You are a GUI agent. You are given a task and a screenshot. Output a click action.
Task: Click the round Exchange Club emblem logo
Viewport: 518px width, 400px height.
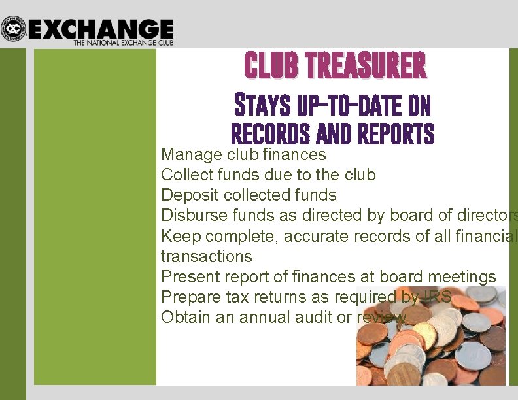[x=13, y=29]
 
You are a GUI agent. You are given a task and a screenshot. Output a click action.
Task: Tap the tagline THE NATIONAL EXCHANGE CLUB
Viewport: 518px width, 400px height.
[x=123, y=42]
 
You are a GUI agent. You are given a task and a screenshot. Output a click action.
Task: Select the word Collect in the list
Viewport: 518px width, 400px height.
[x=184, y=175]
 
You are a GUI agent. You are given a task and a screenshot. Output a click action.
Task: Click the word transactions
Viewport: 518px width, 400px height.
[x=206, y=256]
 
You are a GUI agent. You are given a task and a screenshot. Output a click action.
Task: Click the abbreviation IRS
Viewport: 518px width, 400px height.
[x=436, y=297]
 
